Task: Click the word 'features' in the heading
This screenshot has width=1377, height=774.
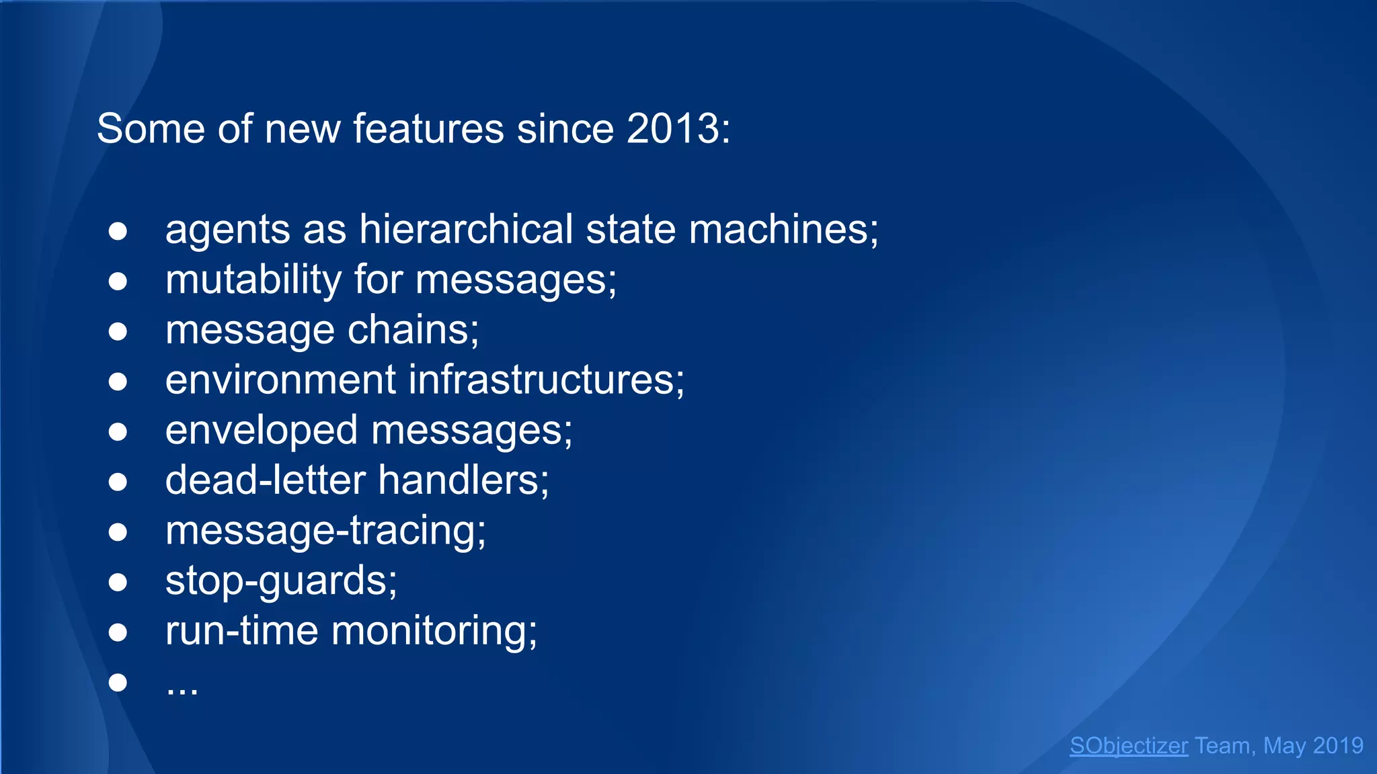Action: click(428, 128)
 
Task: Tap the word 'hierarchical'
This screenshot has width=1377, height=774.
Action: click(466, 229)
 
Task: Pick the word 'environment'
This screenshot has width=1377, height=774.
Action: click(280, 380)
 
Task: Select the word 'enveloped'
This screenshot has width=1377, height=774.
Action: click(261, 430)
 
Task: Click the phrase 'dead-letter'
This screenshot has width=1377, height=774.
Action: click(265, 480)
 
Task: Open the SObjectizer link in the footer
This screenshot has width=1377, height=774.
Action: click(1128, 746)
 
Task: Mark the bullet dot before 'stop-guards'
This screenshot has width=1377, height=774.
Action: click(118, 582)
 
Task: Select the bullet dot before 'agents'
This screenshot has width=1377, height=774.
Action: click(118, 231)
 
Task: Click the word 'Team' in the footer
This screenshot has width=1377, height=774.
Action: click(1222, 746)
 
